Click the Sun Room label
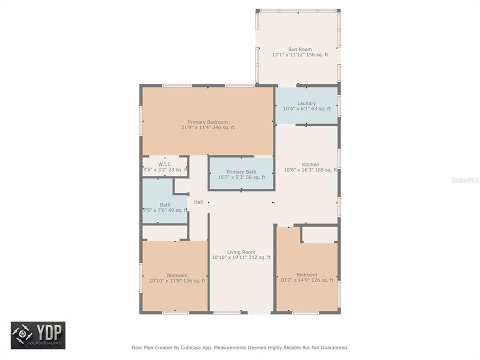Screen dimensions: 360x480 point(300,49)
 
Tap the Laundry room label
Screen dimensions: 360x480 point(306,103)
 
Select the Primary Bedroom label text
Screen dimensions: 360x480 point(207,122)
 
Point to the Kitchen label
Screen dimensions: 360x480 point(310,164)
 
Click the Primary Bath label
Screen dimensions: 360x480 point(241,172)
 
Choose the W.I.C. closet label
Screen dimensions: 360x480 point(165,164)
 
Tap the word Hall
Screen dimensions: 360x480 point(198,202)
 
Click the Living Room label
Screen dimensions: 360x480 point(241,252)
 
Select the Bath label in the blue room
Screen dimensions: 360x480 point(165,204)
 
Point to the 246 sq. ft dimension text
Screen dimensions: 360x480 point(223,127)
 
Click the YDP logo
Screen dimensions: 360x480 point(38,335)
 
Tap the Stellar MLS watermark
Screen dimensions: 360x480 point(464,179)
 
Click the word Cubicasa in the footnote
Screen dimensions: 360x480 point(191,347)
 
